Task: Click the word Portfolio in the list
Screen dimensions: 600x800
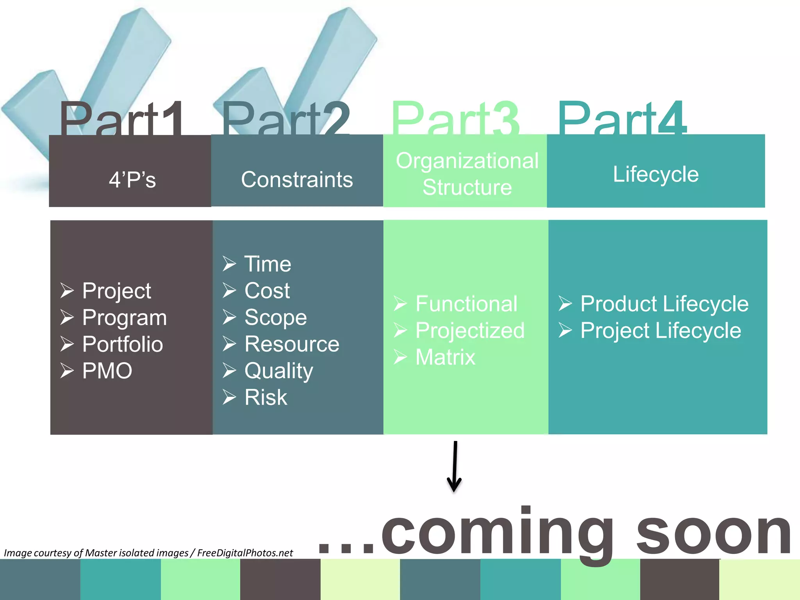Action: [122, 344]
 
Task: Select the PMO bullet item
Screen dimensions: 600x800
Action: [107, 371]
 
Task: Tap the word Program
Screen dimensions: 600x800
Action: [124, 318]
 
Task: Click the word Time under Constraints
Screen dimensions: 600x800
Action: [268, 264]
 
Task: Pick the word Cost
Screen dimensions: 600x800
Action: [267, 291]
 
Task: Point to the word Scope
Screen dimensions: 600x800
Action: [275, 318]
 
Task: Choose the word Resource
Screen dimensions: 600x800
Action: [292, 344]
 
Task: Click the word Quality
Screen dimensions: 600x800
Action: [279, 371]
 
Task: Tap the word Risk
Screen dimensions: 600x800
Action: [266, 398]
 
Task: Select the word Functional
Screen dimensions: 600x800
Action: [466, 304]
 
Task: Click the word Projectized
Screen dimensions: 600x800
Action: [470, 331]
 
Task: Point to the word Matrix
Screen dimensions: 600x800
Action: [445, 357]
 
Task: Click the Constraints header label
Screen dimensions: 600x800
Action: [297, 180]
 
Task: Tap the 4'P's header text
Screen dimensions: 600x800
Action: [132, 180]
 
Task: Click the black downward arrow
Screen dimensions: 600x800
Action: [454, 467]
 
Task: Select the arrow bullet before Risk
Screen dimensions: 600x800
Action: [229, 397]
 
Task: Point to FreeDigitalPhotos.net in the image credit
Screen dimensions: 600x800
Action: [245, 553]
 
